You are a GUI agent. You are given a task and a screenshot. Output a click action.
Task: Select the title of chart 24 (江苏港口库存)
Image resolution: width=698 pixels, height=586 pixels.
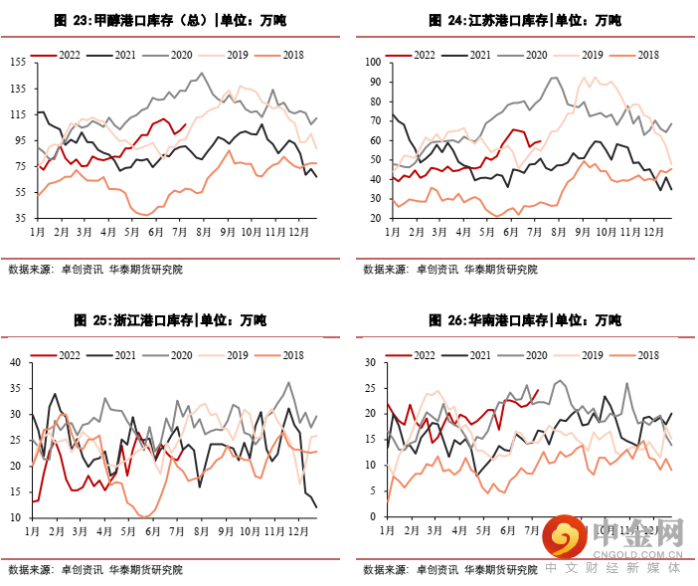525,20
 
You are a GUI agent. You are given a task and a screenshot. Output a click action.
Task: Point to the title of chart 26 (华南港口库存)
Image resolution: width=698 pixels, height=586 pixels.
525,320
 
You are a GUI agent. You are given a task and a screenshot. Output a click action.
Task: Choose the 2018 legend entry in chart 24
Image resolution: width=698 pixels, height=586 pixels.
635,56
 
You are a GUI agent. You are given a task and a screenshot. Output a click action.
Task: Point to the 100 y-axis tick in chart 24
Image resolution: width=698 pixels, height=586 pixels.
373,62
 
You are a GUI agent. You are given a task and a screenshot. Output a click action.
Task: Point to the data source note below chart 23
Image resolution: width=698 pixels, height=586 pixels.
95,270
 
